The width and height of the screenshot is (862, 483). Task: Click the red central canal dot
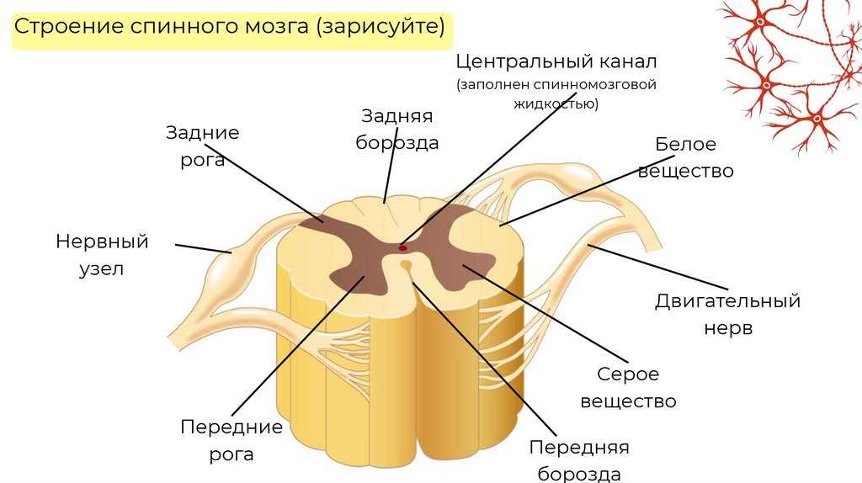[x=402, y=247]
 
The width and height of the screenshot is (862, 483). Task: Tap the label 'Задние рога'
[x=202, y=146]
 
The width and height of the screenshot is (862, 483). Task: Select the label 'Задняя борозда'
[x=397, y=129]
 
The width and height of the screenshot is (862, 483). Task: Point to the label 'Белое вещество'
[x=685, y=157]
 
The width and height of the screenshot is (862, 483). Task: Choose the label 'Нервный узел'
[x=102, y=255]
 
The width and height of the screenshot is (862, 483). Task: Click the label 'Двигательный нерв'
[x=727, y=313]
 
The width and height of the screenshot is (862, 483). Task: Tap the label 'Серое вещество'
[x=628, y=387]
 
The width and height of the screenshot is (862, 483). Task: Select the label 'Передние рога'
[x=231, y=440]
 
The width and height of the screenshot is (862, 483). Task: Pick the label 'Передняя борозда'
[x=579, y=459]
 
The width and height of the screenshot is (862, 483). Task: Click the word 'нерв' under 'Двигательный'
[x=727, y=327]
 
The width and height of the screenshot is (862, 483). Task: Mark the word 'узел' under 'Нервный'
[x=102, y=269]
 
